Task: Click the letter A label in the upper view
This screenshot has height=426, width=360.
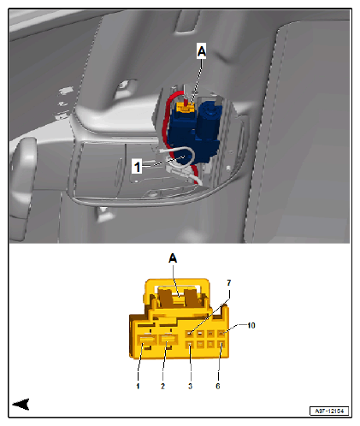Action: point(202,52)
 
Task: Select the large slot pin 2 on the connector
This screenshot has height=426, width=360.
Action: point(170,346)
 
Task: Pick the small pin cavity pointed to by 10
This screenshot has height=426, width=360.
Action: point(221,333)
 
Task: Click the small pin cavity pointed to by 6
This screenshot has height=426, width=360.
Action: point(221,346)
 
